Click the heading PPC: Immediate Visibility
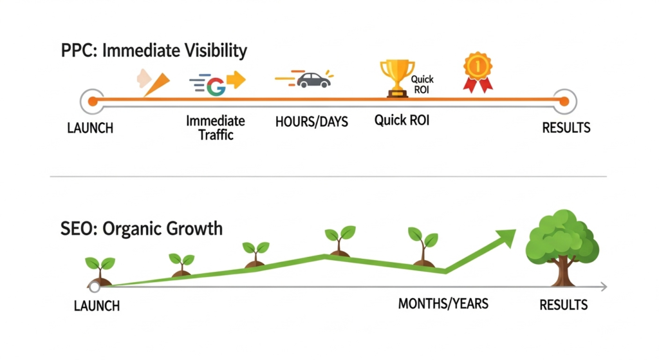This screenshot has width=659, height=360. click(x=154, y=51)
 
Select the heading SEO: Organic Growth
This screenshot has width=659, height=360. click(x=141, y=229)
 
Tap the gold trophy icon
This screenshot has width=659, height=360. click(x=396, y=78)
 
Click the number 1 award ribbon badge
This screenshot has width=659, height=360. click(x=478, y=72)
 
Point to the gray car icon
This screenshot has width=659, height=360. click(x=313, y=80)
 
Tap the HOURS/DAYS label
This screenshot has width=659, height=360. click(x=311, y=122)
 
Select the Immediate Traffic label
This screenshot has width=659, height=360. click(x=216, y=128)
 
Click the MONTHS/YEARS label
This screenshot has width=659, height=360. click(x=443, y=303)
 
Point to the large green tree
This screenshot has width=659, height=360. click(x=562, y=248)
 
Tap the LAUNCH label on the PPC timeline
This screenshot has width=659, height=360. click(x=90, y=128)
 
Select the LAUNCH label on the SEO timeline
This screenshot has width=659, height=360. click(x=97, y=306)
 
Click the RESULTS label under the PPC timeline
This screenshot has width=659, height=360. click(x=566, y=128)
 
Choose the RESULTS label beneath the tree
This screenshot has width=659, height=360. click(x=563, y=305)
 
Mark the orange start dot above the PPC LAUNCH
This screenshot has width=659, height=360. click(x=93, y=101)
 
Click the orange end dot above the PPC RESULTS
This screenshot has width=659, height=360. click(x=564, y=101)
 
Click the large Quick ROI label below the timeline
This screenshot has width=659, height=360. click(x=402, y=120)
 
